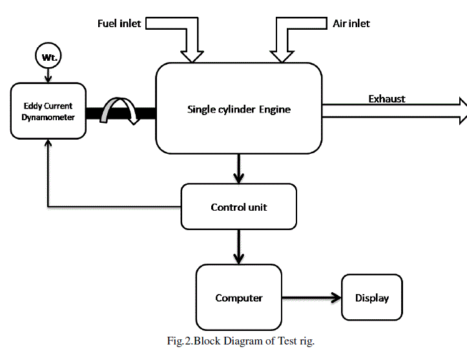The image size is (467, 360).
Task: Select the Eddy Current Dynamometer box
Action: tap(48, 111)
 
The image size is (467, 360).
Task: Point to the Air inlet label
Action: tap(351, 24)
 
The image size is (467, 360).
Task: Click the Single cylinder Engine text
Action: tap(238, 109)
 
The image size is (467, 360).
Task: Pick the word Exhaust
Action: tap(387, 99)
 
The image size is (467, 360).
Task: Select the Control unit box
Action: tap(238, 207)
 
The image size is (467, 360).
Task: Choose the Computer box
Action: tap(238, 298)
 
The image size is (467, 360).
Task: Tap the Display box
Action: tap(372, 298)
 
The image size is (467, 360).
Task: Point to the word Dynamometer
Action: tap(48, 117)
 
